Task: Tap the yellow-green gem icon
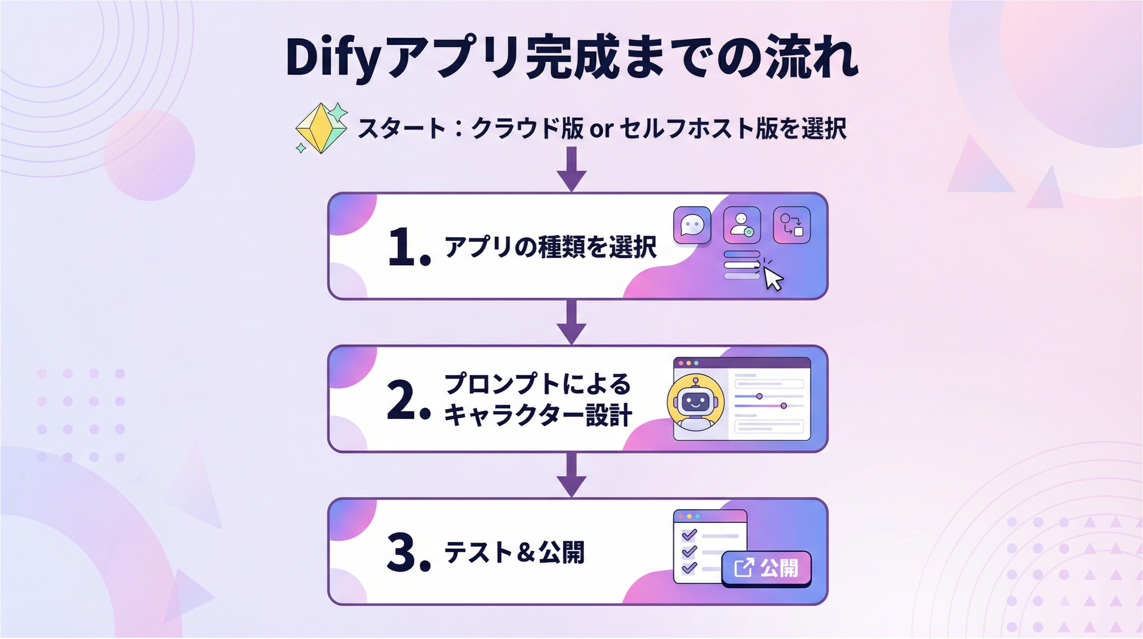(321, 129)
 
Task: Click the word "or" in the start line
(601, 129)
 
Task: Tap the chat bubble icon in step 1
(692, 225)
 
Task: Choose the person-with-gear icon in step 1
(741, 225)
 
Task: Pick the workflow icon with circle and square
(791, 225)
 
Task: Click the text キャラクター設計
(538, 416)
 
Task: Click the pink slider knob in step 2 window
(784, 405)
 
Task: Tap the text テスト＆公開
(514, 552)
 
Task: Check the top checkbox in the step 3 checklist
(689, 535)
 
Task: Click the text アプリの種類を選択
(550, 247)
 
